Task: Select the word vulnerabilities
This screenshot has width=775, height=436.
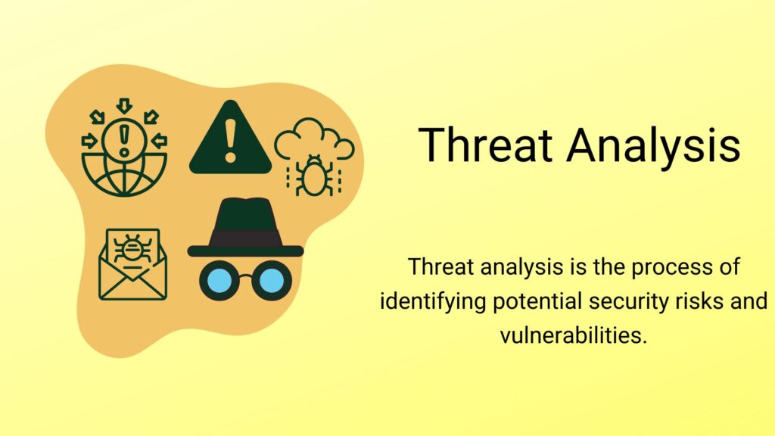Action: [x=574, y=335]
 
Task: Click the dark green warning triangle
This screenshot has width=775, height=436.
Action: [x=229, y=140]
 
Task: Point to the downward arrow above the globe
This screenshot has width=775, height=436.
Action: [x=124, y=105]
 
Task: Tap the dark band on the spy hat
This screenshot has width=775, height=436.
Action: [x=244, y=237]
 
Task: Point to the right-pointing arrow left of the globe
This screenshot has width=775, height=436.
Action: [x=90, y=140]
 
